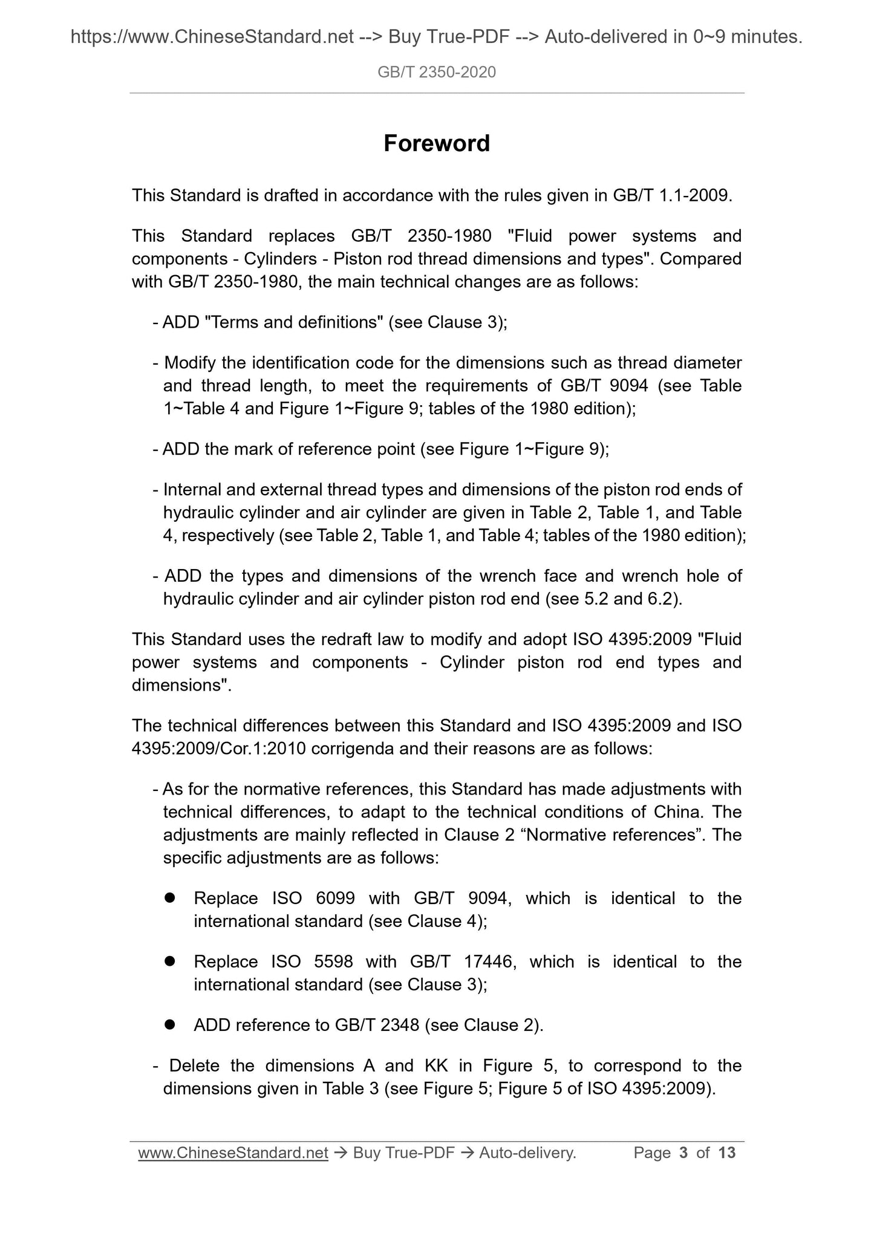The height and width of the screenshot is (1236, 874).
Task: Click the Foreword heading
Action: pyautogui.click(x=436, y=144)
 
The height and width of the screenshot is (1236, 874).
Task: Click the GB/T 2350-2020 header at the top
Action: pyautogui.click(x=436, y=73)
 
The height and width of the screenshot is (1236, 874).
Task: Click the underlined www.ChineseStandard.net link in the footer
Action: pyautogui.click(x=233, y=1153)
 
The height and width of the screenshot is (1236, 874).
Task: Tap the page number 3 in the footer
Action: pyautogui.click(x=683, y=1153)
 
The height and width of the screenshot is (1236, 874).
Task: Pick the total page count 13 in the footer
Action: pyautogui.click(x=726, y=1153)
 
